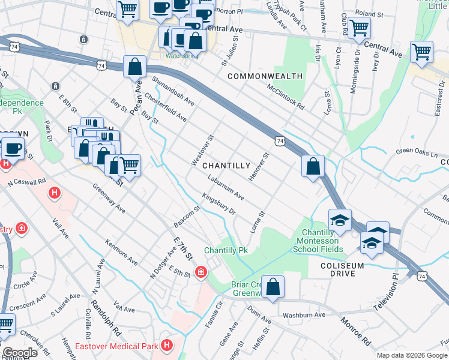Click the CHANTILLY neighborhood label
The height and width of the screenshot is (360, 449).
click(226, 165)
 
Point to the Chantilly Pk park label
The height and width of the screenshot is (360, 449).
click(226, 250)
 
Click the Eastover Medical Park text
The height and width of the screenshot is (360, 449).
click(116, 346)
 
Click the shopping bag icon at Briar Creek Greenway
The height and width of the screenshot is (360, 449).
click(273, 287)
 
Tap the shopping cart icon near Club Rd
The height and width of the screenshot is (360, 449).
click(359, 27)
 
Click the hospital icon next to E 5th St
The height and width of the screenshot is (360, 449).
click(199, 272)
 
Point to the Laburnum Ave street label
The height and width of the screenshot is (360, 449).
click(226, 187)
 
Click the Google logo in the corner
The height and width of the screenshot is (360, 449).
click(20, 353)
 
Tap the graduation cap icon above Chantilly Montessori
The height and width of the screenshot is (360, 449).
click(340, 220)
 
